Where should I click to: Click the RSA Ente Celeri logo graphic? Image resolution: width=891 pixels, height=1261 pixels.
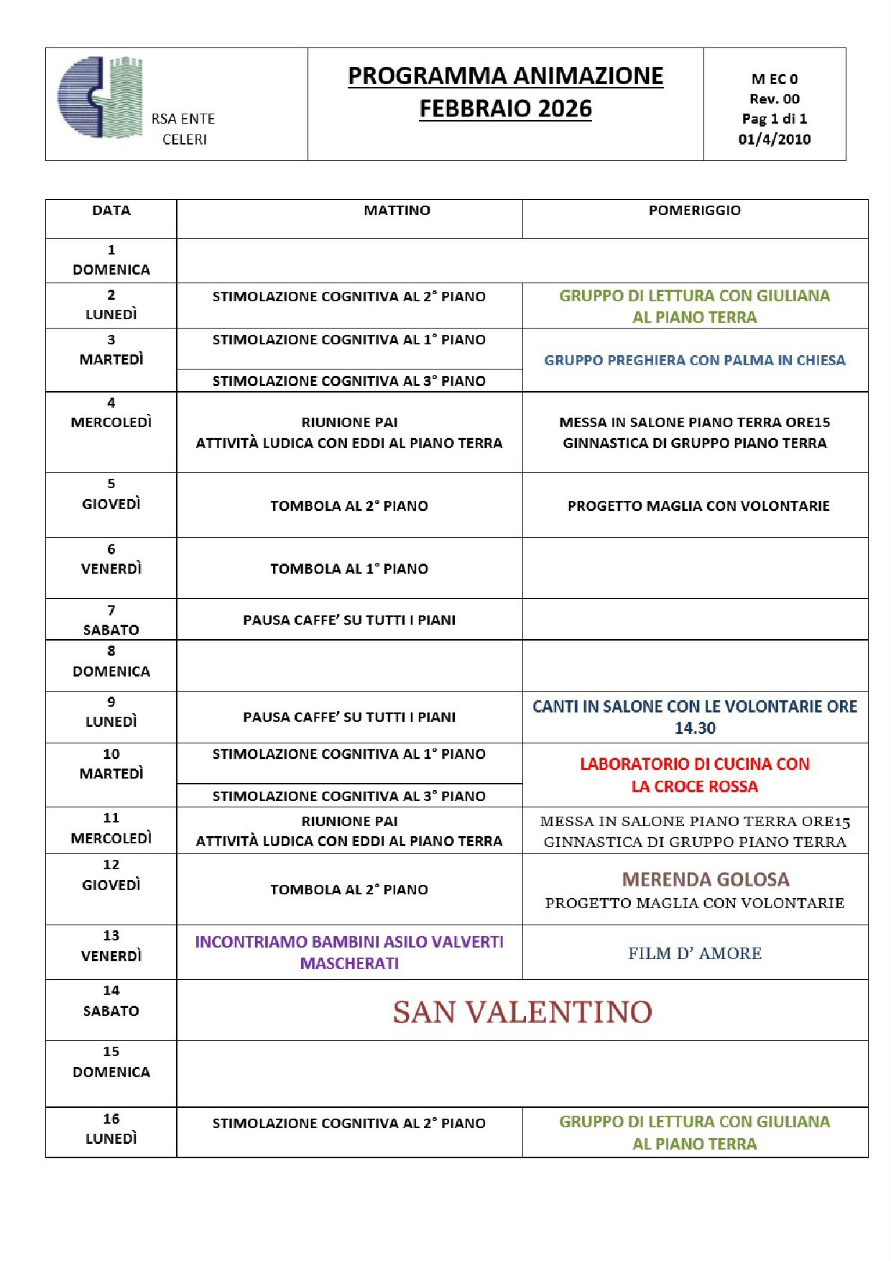101,97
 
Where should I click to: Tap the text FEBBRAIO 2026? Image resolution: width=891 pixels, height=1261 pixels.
505,109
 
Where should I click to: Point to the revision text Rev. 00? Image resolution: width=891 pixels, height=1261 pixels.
774,99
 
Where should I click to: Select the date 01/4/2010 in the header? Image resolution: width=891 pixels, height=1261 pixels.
774,139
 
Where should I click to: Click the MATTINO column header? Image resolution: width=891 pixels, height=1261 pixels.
397,211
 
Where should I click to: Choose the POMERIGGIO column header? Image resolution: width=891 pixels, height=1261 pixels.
694,211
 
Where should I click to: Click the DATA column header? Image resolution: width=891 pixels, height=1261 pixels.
111,211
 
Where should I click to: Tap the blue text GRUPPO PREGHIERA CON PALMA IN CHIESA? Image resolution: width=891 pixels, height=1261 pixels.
694,360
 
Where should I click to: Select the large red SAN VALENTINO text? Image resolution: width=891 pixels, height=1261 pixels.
522,1012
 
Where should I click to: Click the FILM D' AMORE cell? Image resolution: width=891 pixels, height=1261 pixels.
694,953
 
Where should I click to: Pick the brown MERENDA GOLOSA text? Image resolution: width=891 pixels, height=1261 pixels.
706,879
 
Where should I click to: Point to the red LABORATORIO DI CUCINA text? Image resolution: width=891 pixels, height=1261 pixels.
694,764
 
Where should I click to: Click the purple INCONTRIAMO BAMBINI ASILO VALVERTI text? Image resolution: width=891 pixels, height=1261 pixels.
349,942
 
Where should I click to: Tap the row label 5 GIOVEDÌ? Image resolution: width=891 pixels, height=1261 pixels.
111,495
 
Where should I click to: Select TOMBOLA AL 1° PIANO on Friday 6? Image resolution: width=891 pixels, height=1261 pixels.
349,569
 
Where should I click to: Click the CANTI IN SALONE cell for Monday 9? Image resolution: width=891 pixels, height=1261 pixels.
694,717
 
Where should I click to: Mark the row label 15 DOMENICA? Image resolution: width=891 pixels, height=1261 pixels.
111,1062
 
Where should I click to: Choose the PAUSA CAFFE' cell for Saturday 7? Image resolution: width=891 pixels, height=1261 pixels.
349,620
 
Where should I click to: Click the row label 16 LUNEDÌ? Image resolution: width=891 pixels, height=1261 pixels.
111,1129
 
